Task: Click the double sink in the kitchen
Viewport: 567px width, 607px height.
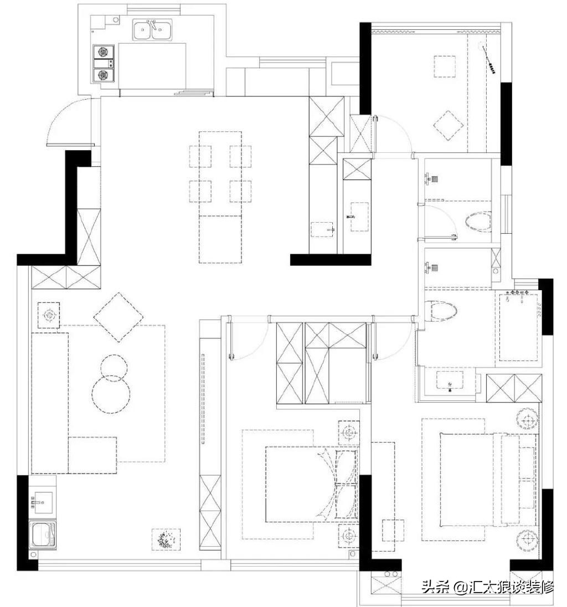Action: click(153, 30)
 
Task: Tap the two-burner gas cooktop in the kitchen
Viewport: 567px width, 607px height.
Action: click(104, 64)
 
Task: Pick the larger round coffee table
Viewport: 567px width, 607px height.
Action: click(111, 394)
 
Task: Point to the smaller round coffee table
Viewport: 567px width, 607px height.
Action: click(114, 367)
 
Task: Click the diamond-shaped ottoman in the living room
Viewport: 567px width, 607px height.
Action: click(118, 317)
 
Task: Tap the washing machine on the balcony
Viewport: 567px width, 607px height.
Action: click(43, 535)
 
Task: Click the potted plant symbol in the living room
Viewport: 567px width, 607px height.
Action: click(166, 539)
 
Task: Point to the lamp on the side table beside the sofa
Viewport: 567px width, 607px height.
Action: click(49, 315)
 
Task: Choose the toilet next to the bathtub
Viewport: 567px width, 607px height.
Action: click(441, 311)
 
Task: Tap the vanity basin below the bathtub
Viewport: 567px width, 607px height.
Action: click(450, 381)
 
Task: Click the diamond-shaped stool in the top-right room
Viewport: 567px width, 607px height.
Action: click(448, 125)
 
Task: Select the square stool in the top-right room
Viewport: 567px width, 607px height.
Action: click(444, 66)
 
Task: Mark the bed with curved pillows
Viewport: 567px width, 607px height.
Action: click(312, 484)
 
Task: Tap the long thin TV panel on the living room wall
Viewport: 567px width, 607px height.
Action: click(203, 398)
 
